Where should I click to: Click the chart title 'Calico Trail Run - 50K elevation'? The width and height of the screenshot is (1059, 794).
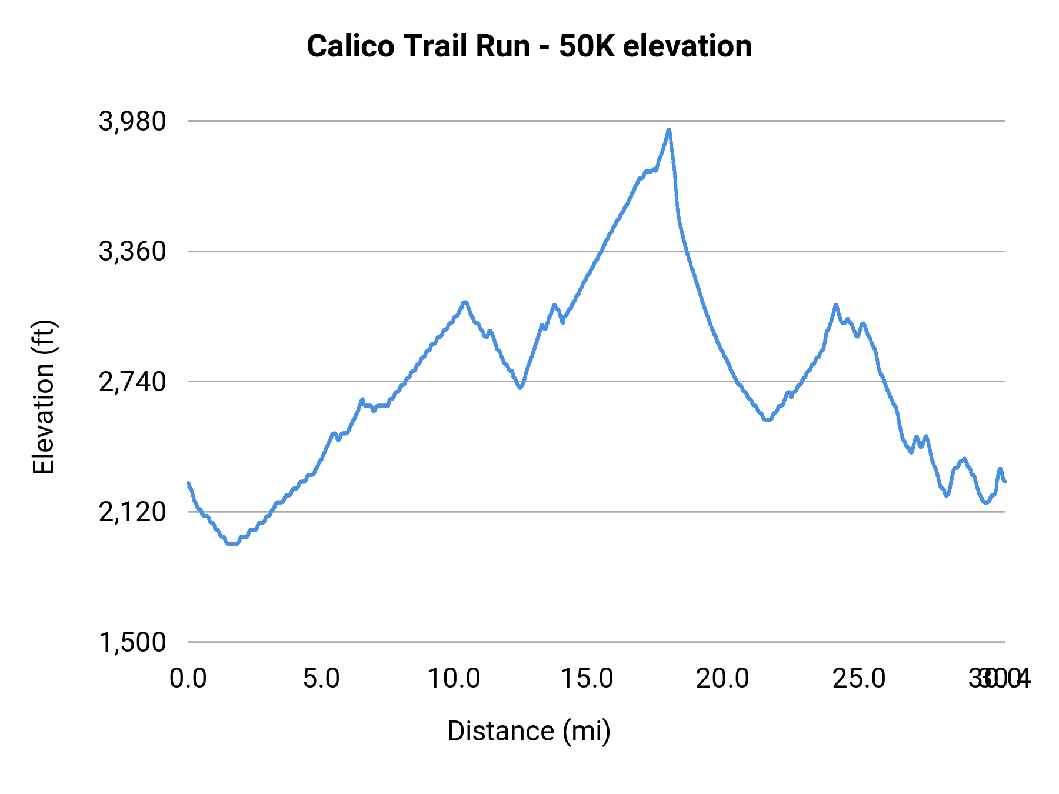[x=529, y=46]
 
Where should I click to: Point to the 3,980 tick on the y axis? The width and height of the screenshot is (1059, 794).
[x=132, y=121]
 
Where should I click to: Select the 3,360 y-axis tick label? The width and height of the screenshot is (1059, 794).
[x=132, y=252]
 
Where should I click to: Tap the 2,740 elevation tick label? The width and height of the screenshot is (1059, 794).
[x=132, y=382]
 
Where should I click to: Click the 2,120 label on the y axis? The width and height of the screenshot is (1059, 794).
[x=132, y=512]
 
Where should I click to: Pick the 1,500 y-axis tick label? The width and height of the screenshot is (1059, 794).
[x=132, y=642]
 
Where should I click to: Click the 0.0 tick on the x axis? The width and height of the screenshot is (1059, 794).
[x=188, y=679]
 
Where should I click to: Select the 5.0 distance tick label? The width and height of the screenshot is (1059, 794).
[x=321, y=679]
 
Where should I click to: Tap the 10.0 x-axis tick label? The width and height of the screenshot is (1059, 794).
[x=454, y=679]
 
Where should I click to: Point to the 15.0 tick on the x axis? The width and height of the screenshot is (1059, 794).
[x=587, y=679]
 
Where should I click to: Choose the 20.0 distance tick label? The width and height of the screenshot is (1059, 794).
[x=722, y=679]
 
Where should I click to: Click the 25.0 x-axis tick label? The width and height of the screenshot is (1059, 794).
[x=858, y=679]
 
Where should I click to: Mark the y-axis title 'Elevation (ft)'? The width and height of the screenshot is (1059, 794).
[x=44, y=397]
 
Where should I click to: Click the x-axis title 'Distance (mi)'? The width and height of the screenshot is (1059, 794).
[x=529, y=731]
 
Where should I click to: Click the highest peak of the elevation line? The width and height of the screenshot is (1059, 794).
[x=668, y=130]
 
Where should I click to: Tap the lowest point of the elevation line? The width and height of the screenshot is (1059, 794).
[x=232, y=543]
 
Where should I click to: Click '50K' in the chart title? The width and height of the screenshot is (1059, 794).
[x=586, y=46]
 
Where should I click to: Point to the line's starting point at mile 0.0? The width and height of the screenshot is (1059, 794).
[x=188, y=483]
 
